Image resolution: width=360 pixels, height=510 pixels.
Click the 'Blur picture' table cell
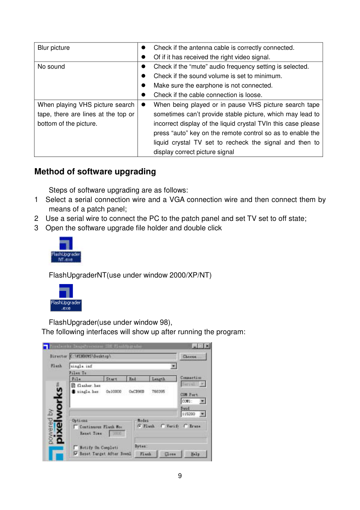coord(54,48)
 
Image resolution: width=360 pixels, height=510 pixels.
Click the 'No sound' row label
coord(51,67)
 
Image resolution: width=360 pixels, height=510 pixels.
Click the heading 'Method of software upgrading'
coord(95,172)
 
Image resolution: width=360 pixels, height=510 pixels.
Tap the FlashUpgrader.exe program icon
coord(66,297)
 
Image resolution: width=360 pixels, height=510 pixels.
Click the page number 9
coord(180,476)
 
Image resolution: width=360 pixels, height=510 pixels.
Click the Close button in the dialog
coord(170,454)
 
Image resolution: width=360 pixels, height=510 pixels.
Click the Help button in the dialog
coord(195,454)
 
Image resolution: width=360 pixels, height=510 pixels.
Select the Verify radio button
coord(163,426)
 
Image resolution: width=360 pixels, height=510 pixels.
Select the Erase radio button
coord(186,426)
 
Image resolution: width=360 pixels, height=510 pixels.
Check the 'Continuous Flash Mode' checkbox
coord(76,427)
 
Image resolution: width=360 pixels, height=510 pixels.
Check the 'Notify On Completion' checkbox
coord(76,448)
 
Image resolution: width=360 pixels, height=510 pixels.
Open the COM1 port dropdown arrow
coord(202,401)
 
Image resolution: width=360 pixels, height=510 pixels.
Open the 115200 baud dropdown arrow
coord(202,414)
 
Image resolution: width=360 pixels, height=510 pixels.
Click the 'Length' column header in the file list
coord(159,379)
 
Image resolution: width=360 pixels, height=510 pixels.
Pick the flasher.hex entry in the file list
coord(88,385)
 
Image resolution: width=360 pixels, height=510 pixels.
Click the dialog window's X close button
coord(207,346)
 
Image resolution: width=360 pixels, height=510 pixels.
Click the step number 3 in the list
coord(36,228)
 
